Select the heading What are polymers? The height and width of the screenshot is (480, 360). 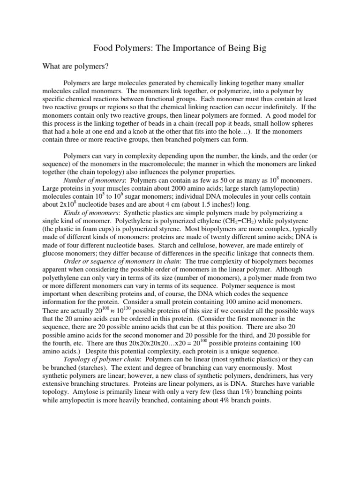pyautogui.click(x=76, y=67)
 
